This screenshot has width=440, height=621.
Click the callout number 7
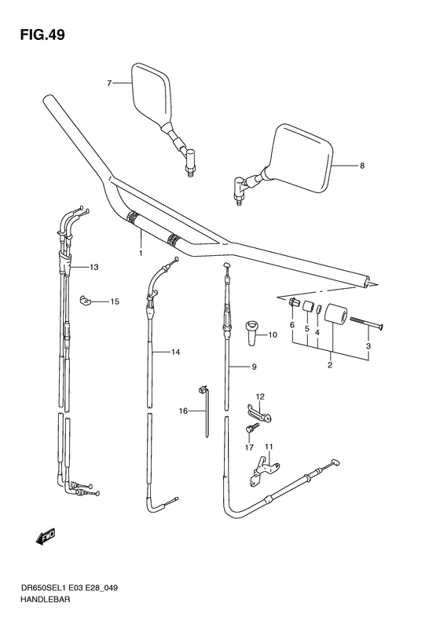tap(110, 82)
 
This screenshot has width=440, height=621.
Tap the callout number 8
tap(362, 166)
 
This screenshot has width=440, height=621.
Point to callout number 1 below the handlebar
tap(141, 254)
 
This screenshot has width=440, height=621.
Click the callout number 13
tap(94, 268)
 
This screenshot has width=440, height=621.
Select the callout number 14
tap(175, 353)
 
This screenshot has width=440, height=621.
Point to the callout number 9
tap(255, 367)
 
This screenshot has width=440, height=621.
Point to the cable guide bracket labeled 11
tap(259, 472)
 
